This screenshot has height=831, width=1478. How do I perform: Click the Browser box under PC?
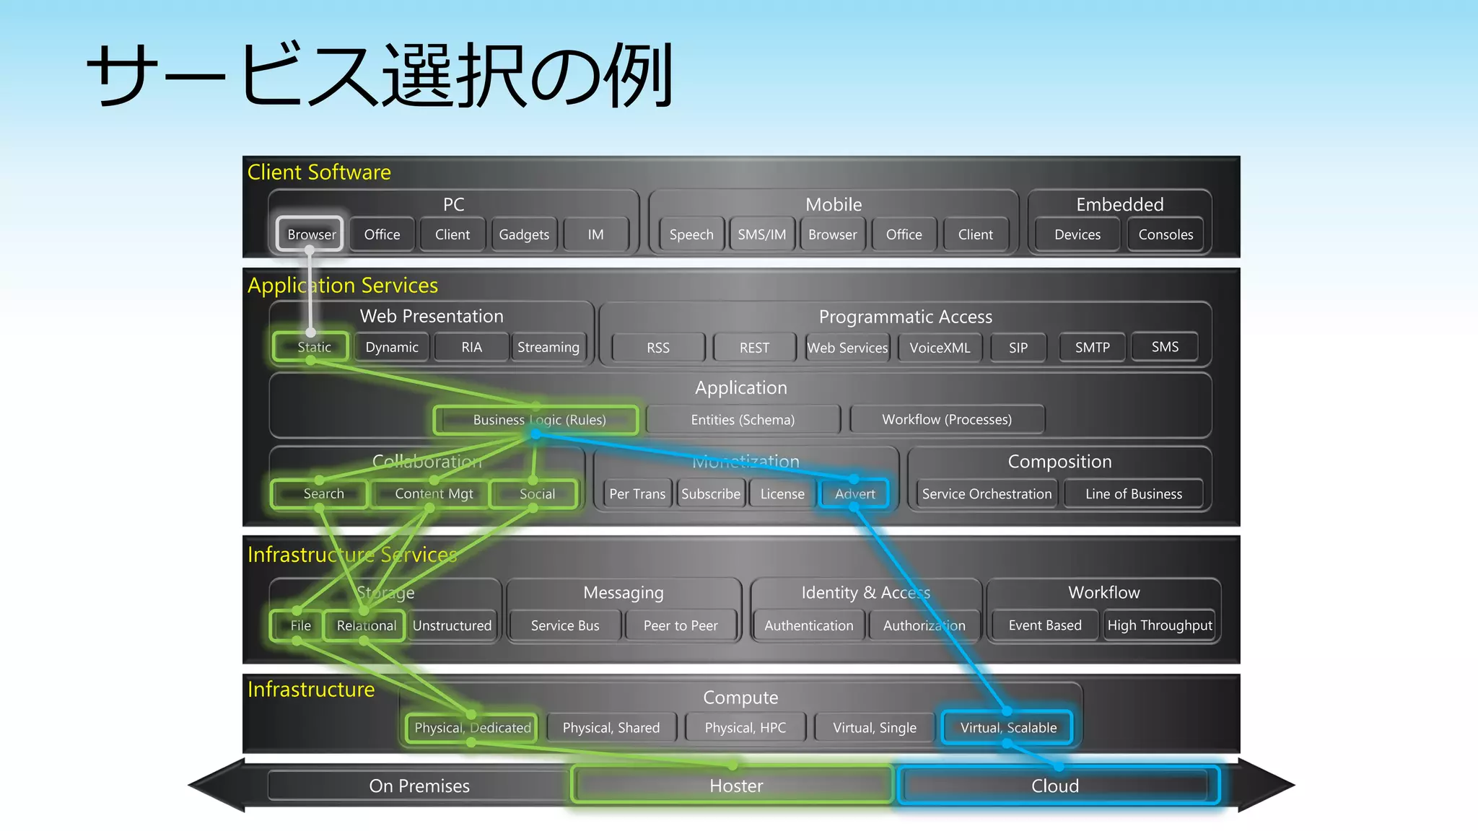310,234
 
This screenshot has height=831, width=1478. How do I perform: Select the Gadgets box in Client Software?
524,234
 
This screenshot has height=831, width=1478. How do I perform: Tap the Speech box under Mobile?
691,234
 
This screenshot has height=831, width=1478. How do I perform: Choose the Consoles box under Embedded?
1165,234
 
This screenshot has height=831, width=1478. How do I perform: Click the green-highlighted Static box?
312,347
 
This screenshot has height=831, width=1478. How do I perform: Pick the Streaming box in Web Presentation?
548,347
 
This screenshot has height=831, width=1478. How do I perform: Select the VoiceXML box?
939,348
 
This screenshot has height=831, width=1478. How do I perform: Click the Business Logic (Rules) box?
538,420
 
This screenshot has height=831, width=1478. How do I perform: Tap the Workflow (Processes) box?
946,420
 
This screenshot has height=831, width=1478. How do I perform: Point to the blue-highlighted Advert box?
854,494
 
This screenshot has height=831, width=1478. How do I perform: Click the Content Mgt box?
433,494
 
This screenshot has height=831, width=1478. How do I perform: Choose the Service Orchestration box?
986,494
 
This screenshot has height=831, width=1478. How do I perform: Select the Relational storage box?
366,625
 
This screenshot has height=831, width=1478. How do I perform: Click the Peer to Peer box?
680,625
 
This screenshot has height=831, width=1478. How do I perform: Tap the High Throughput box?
1159,625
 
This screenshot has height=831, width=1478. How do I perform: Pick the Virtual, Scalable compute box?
1007,728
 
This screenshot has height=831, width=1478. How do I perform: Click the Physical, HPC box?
745,728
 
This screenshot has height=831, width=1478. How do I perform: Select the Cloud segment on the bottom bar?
1054,786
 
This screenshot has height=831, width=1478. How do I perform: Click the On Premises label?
419,786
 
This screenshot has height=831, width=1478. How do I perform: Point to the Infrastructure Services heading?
352,555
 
